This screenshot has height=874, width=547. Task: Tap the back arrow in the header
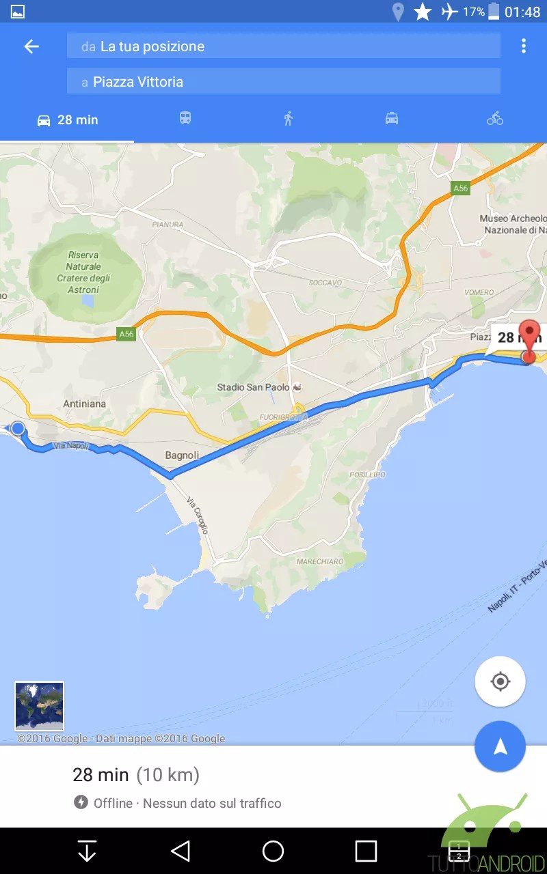click(31, 46)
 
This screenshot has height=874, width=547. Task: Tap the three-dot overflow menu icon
click(523, 46)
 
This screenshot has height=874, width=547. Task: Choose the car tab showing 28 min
click(67, 120)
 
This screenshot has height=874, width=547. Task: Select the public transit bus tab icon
click(185, 119)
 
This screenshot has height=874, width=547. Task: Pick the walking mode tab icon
click(289, 119)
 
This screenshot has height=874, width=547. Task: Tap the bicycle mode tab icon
click(495, 119)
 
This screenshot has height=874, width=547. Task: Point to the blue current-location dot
click(18, 428)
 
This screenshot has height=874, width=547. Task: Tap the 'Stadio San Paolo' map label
click(250, 387)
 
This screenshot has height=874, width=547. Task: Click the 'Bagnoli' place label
click(182, 455)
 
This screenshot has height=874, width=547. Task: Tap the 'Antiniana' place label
click(84, 404)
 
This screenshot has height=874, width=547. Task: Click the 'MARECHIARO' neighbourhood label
click(320, 562)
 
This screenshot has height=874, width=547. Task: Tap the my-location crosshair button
click(500, 681)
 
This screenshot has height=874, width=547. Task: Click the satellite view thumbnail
click(39, 706)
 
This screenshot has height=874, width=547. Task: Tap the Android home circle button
click(273, 851)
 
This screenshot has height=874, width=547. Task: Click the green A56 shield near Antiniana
click(126, 334)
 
